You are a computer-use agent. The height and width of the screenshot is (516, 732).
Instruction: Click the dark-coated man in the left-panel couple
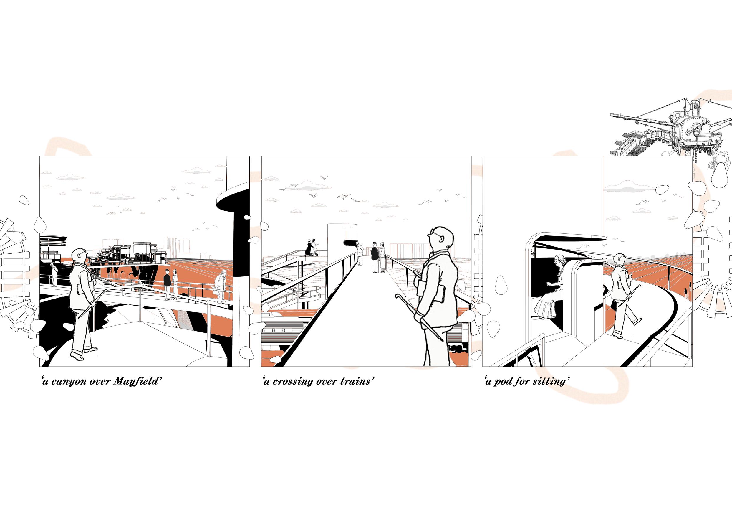[167, 284]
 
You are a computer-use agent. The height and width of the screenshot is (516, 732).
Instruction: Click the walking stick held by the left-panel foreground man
[86, 307]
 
